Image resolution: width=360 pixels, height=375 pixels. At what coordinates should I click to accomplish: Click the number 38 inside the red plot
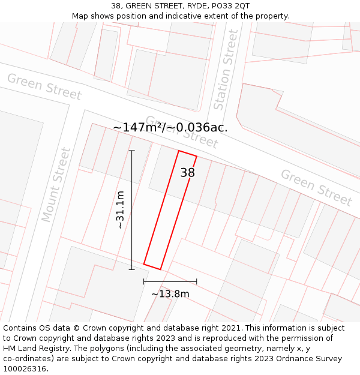pos(188,173)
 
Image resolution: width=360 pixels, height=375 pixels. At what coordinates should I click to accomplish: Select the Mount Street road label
pos(56,185)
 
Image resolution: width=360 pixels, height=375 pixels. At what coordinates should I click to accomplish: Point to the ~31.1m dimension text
pos(120,210)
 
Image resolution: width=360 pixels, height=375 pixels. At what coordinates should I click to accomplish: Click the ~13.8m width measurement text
pos(170,294)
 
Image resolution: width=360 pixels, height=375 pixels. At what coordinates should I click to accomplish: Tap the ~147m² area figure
pos(138,127)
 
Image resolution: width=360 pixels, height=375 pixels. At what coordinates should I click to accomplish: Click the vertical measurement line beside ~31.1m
pos(132,210)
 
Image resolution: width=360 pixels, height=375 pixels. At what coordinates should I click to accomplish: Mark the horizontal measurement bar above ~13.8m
pos(170,281)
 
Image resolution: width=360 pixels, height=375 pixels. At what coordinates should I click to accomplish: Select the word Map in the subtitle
pos(80,16)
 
